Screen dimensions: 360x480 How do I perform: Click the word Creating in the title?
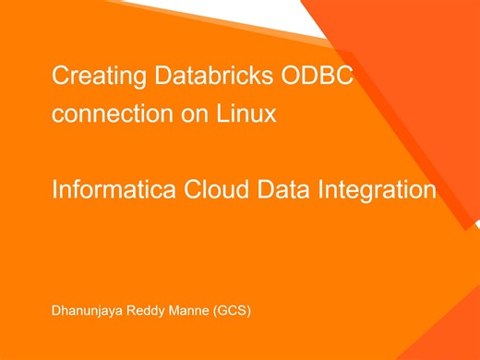(88, 77)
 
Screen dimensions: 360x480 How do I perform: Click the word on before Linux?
(187, 115)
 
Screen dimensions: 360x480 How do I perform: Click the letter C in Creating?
(60, 77)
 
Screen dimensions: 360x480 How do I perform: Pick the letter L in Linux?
(222, 114)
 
